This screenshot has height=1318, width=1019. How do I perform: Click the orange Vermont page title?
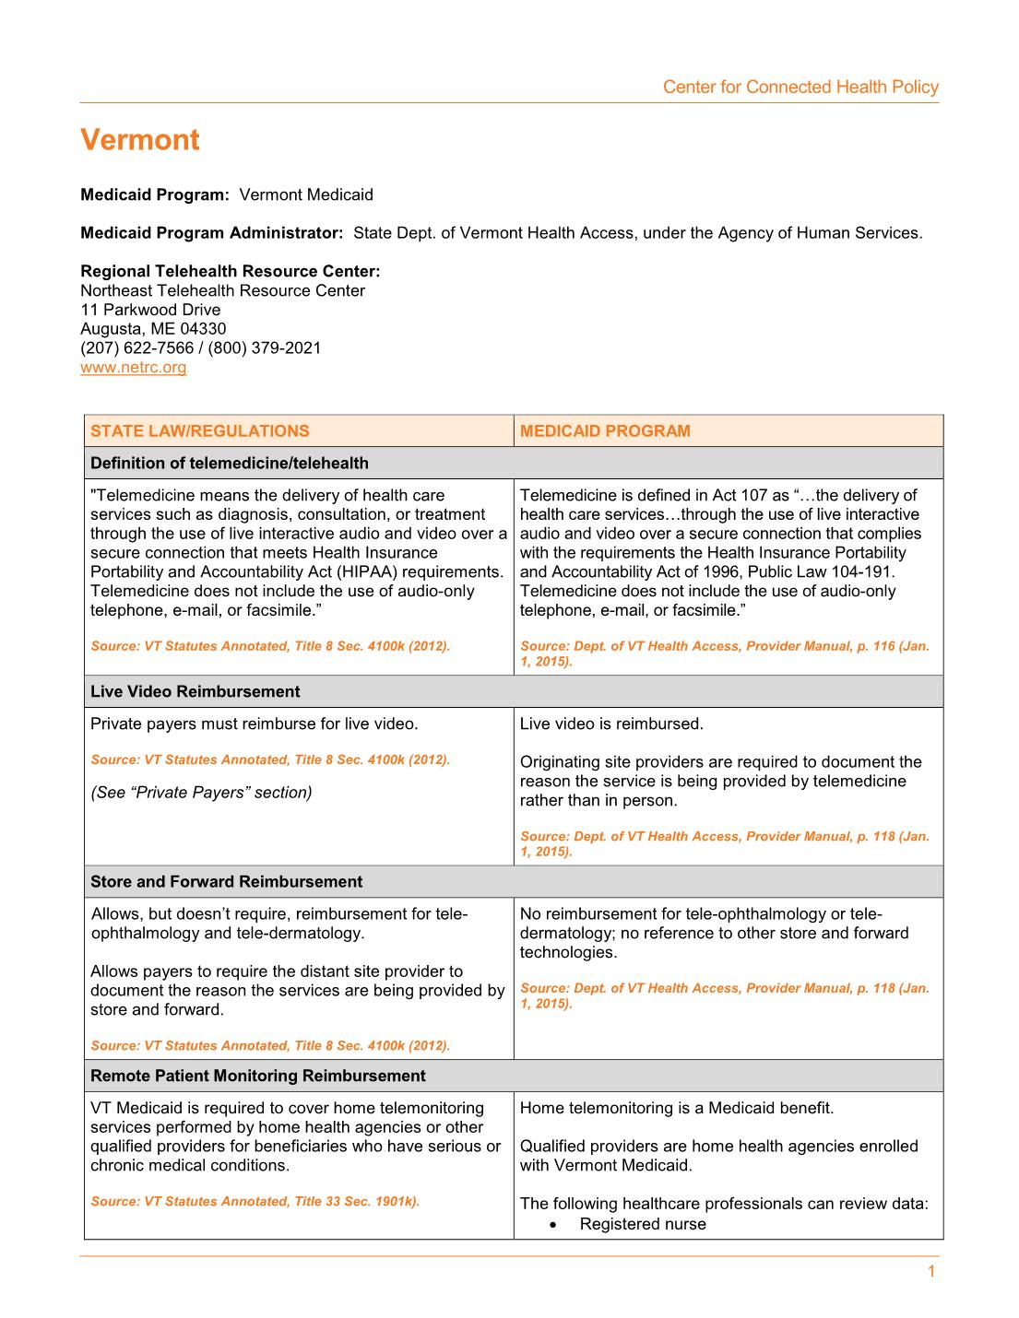(x=140, y=140)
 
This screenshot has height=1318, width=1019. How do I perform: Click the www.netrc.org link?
(x=133, y=368)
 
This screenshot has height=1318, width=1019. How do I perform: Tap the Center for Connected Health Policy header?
(x=800, y=88)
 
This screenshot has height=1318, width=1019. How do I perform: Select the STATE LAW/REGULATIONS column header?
(x=200, y=431)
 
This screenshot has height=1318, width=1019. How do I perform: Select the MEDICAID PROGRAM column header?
(x=605, y=431)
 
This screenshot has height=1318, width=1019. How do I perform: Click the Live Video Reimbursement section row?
(x=196, y=692)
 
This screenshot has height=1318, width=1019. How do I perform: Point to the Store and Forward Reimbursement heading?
(x=226, y=882)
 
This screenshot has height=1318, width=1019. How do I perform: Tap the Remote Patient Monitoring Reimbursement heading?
(x=258, y=1077)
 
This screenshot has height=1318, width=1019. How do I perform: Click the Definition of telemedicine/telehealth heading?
(x=230, y=464)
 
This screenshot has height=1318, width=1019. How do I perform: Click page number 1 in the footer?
(x=930, y=1272)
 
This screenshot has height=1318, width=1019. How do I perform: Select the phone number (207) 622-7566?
(x=137, y=348)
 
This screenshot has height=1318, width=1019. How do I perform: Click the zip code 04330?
(x=203, y=329)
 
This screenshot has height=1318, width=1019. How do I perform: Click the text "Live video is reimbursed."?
(x=611, y=724)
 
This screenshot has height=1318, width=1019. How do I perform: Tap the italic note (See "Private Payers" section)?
(x=201, y=793)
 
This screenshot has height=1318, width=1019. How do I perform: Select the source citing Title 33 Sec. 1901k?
(x=255, y=1202)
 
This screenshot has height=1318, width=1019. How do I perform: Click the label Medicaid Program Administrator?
(x=212, y=233)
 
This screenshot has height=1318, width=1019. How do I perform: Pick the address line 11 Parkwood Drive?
(x=150, y=310)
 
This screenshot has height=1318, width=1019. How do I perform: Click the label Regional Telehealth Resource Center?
(x=231, y=272)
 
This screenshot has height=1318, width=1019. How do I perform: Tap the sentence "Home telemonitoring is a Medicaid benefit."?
(x=677, y=1109)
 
